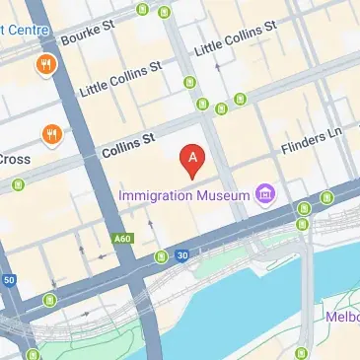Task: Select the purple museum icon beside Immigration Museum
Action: pos(263,195)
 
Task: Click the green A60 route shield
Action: pos(122,238)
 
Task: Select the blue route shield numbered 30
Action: pos(181,255)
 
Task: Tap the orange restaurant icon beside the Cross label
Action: pos(49,133)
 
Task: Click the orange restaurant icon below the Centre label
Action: pos(45,66)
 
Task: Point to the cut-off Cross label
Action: pos(14,158)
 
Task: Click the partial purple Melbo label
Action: pos(341,317)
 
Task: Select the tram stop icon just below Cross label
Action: pos(17,184)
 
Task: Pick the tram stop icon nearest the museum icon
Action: pos(303,209)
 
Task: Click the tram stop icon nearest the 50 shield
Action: pos(50,299)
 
